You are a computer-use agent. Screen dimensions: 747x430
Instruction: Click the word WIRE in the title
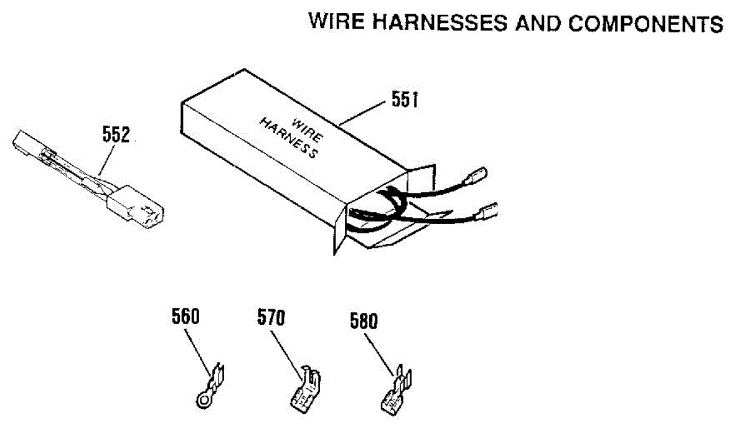(337, 23)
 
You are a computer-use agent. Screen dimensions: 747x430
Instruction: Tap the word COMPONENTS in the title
(646, 23)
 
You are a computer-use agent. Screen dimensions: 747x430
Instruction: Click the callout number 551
(405, 100)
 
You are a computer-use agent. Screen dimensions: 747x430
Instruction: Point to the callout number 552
(115, 135)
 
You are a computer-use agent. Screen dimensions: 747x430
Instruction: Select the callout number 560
(186, 317)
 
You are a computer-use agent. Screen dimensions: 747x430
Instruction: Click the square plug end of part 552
(140, 207)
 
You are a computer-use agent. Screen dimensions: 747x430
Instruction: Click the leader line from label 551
(364, 112)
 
